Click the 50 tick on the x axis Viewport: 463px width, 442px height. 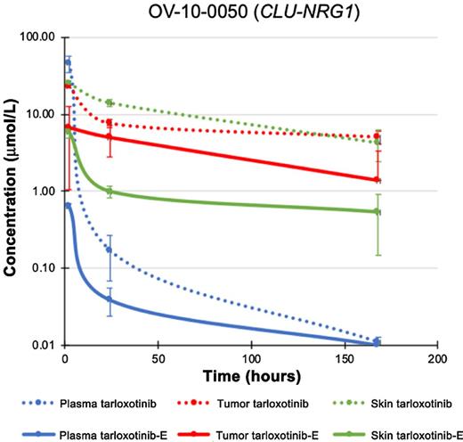158,359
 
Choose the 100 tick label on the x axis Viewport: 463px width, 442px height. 251,359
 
